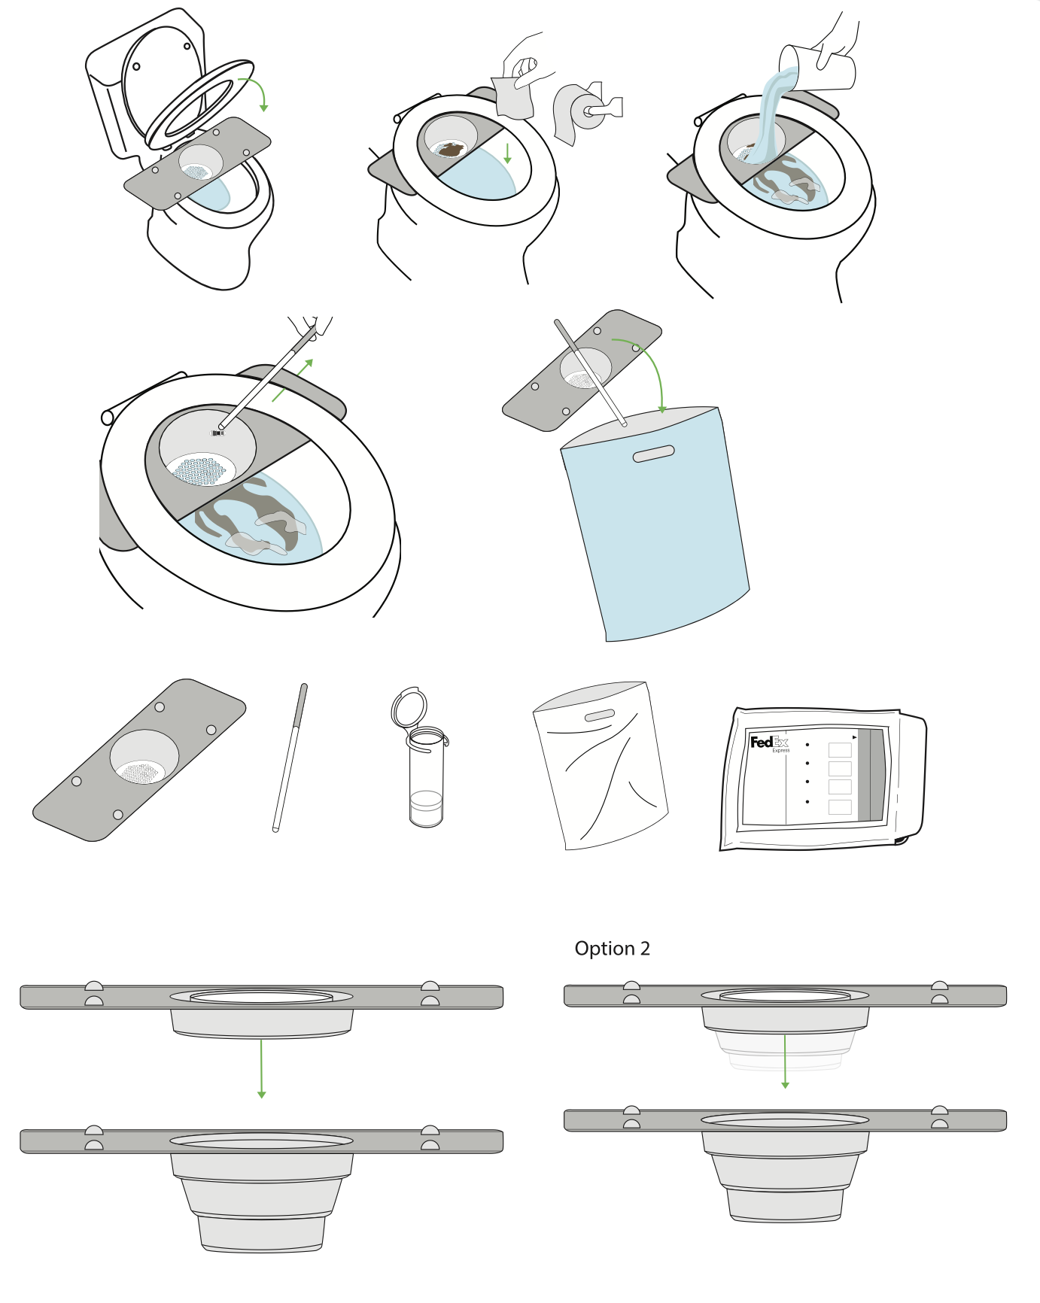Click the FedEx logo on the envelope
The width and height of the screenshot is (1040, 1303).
coord(768,743)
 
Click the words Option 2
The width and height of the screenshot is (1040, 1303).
coord(612,949)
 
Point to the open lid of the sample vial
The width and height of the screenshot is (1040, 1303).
coord(409,707)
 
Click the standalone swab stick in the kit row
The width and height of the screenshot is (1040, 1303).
coord(290,756)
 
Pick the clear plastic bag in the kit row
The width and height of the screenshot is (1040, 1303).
coord(602,767)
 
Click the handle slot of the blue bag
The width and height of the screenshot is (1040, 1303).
coord(653,454)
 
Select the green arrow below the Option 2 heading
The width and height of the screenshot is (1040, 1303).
coord(785,1061)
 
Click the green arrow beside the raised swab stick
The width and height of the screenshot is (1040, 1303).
coord(293,380)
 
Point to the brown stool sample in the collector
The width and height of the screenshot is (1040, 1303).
coord(451,150)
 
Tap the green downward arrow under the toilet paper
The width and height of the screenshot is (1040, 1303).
coord(507,153)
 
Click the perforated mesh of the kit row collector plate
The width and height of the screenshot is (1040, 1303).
coord(141,773)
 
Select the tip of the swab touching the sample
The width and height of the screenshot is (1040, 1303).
coord(218,432)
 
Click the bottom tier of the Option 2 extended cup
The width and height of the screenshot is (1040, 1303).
coord(785,1204)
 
